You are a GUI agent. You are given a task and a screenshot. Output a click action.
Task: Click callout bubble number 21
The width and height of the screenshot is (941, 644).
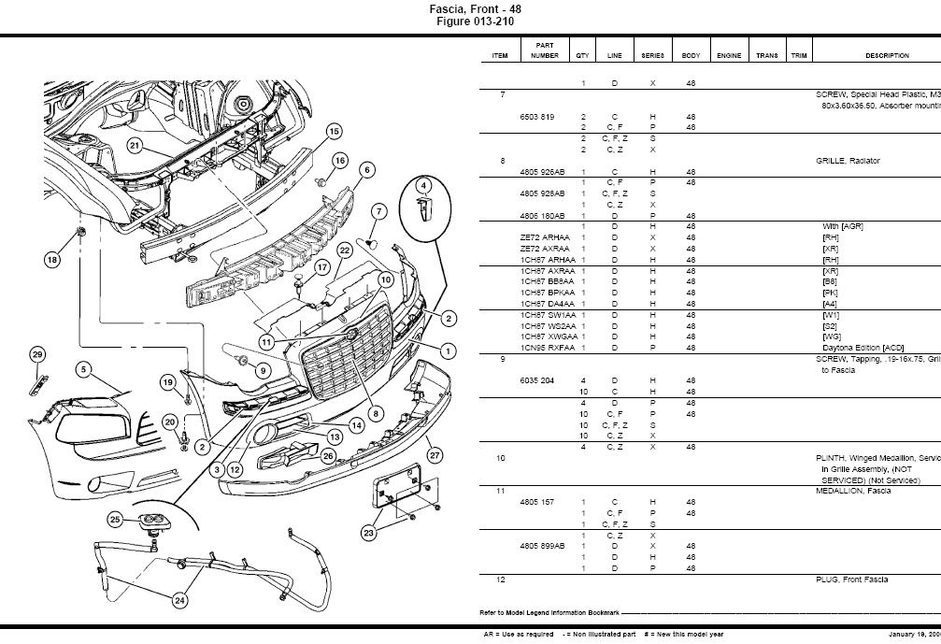[135, 145]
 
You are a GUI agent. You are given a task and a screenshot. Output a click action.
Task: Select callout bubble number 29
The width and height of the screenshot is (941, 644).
[37, 354]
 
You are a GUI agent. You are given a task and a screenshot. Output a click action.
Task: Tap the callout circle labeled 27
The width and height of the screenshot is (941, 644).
[434, 455]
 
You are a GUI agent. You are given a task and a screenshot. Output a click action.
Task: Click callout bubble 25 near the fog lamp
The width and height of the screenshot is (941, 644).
[116, 519]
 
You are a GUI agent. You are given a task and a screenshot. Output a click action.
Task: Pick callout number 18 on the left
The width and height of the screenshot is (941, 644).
[51, 259]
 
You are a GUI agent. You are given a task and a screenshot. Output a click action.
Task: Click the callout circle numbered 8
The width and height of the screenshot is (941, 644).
[375, 412]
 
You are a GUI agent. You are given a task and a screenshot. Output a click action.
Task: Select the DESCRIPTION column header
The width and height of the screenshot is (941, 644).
[887, 56]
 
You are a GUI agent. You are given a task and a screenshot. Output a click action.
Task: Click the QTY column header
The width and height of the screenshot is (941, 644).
[583, 56]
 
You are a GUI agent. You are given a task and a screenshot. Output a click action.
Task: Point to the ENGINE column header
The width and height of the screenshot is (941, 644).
[729, 56]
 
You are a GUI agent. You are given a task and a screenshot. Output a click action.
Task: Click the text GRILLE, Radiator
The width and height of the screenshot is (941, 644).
[848, 161]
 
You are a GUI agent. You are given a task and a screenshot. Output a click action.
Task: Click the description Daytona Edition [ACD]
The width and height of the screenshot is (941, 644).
[861, 348]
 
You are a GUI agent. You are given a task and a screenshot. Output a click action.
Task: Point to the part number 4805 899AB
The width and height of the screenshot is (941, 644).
[543, 546]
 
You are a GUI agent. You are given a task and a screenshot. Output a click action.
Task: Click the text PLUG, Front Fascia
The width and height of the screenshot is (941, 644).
[851, 580]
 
